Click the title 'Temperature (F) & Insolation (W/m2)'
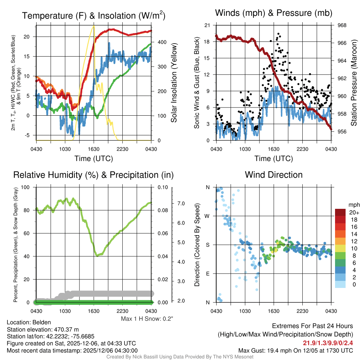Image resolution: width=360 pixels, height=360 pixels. click(x=94, y=15)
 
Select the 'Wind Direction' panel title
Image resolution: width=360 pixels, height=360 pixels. click(x=274, y=175)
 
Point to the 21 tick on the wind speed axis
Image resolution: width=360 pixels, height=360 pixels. click(x=207, y=25)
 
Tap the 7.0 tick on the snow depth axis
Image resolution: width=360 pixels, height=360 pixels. click(x=181, y=204)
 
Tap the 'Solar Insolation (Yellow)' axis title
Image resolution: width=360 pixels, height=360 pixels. click(x=174, y=83)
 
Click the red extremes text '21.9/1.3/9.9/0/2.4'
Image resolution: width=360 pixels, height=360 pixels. click(x=328, y=343)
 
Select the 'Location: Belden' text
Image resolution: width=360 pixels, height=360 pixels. click(x=29, y=322)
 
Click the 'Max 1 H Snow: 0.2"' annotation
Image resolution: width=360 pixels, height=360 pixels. click(x=147, y=319)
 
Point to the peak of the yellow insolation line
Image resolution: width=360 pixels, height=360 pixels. click(x=94, y=26)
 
